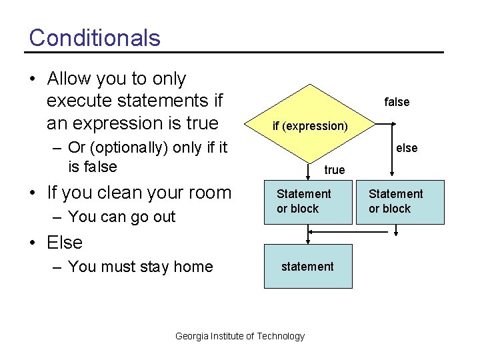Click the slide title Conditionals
(95, 37)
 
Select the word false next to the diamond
(397, 102)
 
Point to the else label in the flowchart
(407, 148)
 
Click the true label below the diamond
(334, 170)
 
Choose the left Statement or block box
(308, 201)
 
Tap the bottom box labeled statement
(307, 266)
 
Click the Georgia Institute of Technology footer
(239, 336)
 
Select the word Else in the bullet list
(65, 243)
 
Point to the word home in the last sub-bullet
(193, 267)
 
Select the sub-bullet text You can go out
(121, 217)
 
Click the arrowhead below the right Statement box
(397, 233)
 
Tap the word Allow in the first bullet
(69, 79)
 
